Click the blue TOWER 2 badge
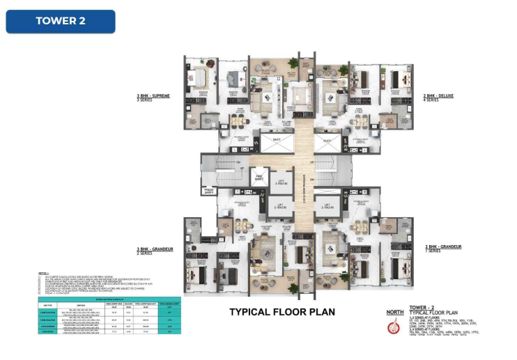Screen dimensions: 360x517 [61, 21]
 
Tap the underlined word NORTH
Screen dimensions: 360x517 [395, 312]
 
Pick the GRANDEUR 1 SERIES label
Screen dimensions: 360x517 [440, 248]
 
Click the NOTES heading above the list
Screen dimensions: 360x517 [45, 273]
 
